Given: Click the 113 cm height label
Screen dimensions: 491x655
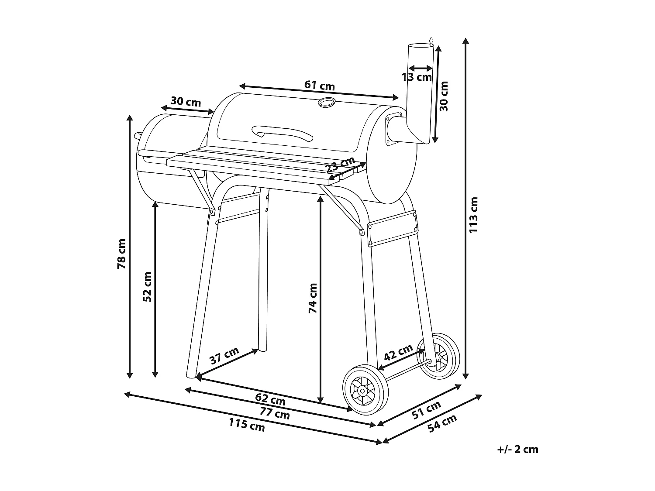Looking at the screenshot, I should (x=474, y=215).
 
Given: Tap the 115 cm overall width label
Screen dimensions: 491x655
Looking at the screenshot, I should (x=247, y=425).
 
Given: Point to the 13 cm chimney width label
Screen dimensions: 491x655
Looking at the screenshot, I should (x=416, y=77).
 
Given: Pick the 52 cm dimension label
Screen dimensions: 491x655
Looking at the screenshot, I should (x=147, y=287).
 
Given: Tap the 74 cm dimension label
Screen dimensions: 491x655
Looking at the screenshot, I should (x=313, y=298).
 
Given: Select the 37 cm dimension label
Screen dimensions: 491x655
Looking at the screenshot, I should (x=224, y=356).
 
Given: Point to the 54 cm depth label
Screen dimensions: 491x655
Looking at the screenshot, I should (x=442, y=423).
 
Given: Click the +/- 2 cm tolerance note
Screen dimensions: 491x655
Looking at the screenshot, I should (x=517, y=449).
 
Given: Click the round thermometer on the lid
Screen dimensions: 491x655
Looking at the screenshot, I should (x=326, y=102).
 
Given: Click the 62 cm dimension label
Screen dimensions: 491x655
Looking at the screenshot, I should (x=270, y=398).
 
